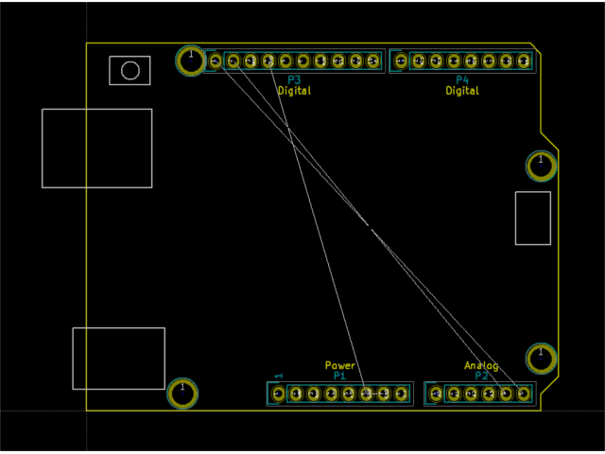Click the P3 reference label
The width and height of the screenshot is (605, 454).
[x=294, y=80]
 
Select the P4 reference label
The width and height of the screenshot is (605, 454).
[x=462, y=80]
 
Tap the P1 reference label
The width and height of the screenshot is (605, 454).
[x=340, y=375]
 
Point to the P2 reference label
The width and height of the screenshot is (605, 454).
[x=482, y=375]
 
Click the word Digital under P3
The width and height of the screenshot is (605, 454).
[x=294, y=91]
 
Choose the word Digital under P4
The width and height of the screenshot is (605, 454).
[x=462, y=91]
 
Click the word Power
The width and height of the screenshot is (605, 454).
[x=340, y=365]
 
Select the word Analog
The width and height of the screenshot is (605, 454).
[x=481, y=365]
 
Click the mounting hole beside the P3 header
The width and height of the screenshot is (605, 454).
[x=190, y=61]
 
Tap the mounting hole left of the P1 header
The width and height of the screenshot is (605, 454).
[x=182, y=393]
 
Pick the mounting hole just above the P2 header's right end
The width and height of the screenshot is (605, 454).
[x=541, y=358]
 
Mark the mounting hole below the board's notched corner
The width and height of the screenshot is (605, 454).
[x=541, y=166]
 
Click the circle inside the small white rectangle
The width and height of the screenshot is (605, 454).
[x=130, y=70]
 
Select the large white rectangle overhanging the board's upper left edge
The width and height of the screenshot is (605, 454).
[x=96, y=148]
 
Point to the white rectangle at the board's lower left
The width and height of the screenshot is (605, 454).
[x=118, y=358]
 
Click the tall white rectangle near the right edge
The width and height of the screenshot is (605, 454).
[x=532, y=218]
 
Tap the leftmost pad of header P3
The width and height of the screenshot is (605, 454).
[x=216, y=61]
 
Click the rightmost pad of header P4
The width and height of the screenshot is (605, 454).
[x=524, y=61]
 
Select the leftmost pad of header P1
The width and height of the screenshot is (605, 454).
[x=279, y=393]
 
